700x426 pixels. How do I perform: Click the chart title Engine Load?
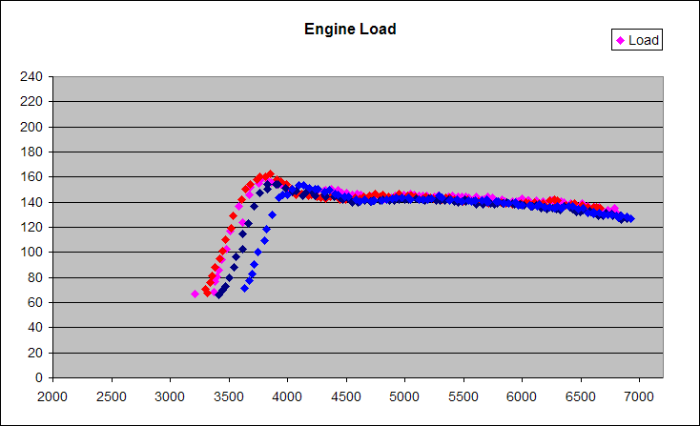tap(350, 29)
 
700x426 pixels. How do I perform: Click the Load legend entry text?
tap(644, 40)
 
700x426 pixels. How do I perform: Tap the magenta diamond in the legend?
tap(621, 40)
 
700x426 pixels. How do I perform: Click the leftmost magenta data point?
tap(196, 294)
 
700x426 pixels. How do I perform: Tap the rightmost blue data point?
tap(629, 218)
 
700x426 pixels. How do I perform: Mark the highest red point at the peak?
tap(270, 174)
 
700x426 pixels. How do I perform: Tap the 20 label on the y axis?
tap(36, 353)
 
